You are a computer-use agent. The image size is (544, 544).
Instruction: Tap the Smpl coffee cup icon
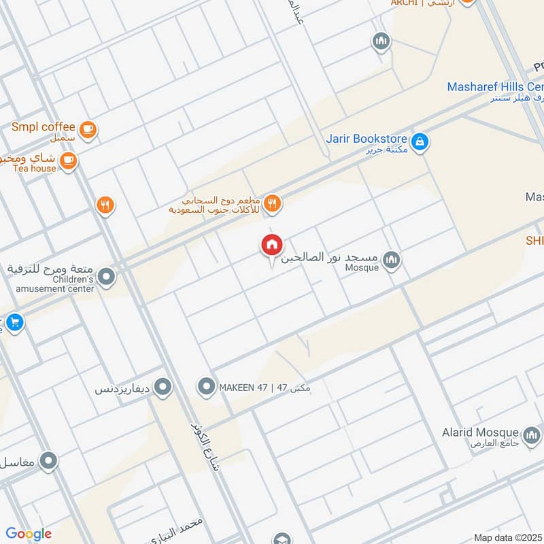(x=87, y=129)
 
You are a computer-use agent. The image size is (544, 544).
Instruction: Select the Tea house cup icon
(x=67, y=161)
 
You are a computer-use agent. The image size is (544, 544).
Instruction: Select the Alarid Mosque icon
(x=531, y=434)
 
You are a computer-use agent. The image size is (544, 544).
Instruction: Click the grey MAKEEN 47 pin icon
(x=206, y=388)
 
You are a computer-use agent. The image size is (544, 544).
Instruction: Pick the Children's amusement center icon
(x=106, y=277)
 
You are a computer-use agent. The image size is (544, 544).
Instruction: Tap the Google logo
(x=29, y=534)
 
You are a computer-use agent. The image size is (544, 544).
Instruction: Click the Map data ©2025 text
(x=507, y=537)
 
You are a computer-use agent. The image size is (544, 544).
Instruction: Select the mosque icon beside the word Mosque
(x=391, y=259)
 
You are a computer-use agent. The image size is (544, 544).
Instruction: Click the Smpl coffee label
(x=44, y=127)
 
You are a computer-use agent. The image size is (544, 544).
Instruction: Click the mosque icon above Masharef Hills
(x=381, y=42)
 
